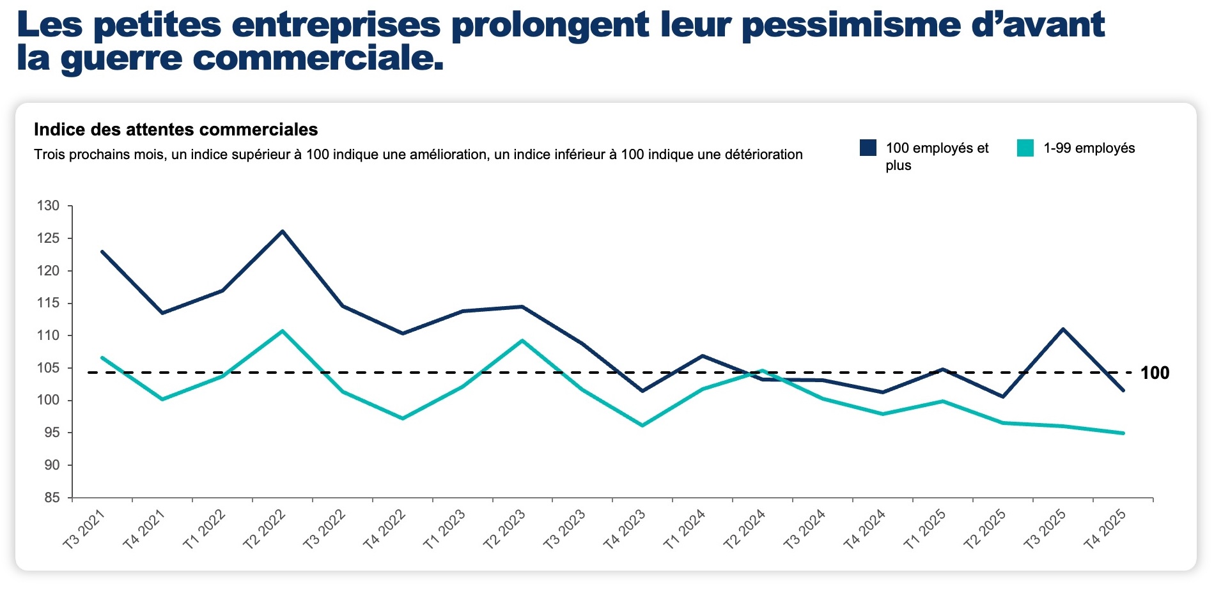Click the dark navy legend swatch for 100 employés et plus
point(868,148)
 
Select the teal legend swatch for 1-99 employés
point(1025,148)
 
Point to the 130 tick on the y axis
point(48,206)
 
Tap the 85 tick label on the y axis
point(52,498)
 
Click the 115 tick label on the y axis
point(48,303)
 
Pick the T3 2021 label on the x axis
point(84,529)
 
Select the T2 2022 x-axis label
point(264,529)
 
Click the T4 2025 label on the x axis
point(1104,529)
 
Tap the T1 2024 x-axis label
point(684,529)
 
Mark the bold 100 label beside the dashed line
point(1155,373)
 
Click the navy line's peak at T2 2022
point(283,231)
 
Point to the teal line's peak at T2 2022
point(283,331)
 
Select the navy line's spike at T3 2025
point(1063,329)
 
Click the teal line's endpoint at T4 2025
point(1123,433)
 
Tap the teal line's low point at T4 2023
point(642,426)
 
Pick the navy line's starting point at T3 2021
point(102,252)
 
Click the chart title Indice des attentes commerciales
point(176,130)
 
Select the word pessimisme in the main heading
point(851,26)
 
